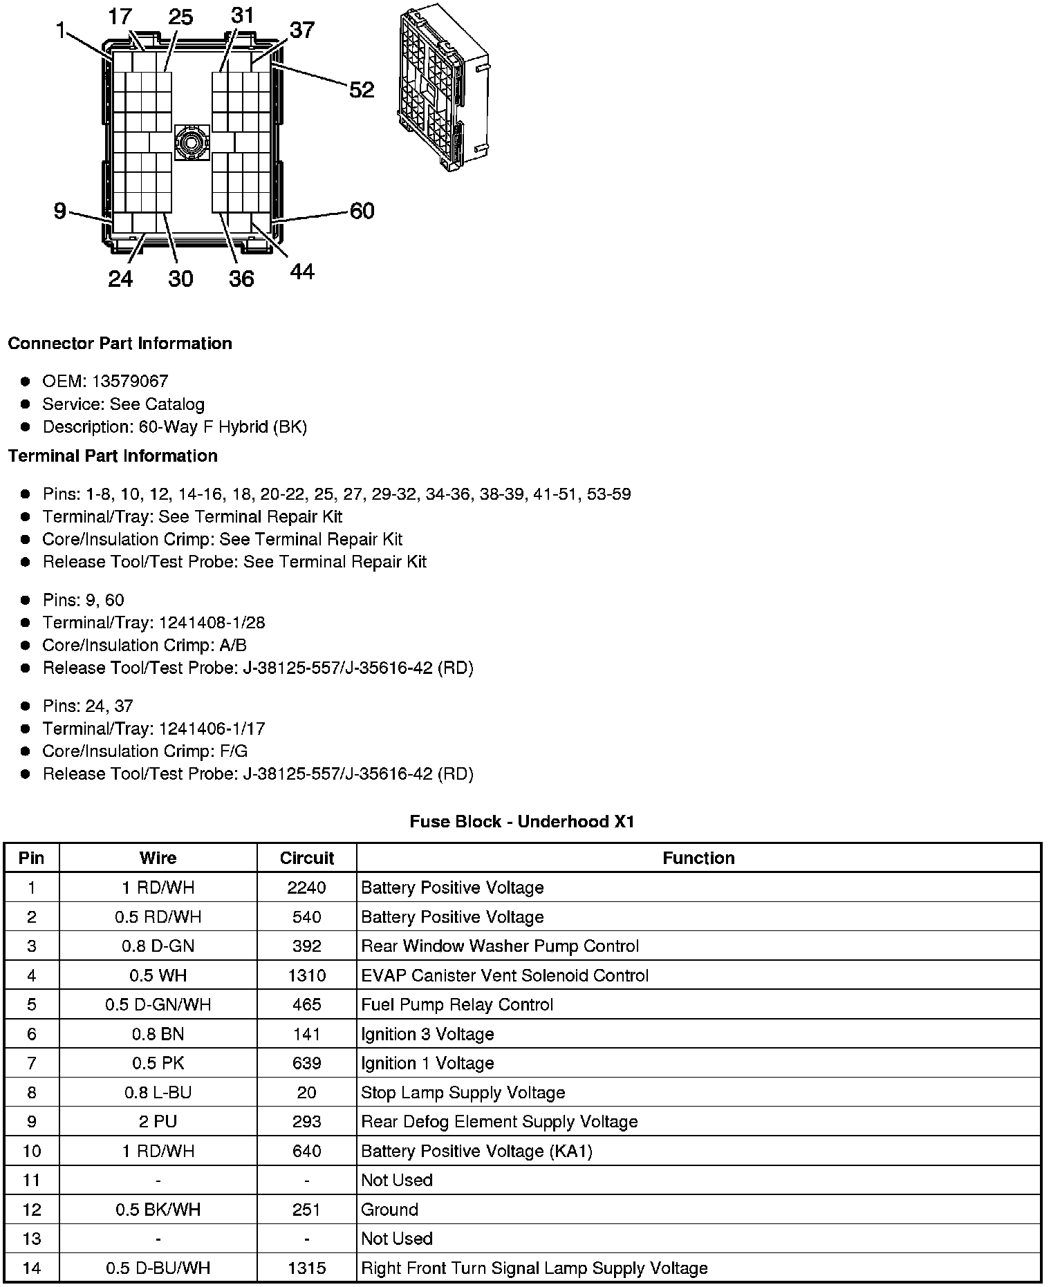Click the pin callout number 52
(362, 90)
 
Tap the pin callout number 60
(362, 211)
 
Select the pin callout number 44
(302, 272)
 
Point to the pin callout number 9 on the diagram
(60, 211)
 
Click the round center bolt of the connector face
(192, 142)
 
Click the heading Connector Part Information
(120, 344)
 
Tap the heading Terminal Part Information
(113, 456)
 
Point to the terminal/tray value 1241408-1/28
(212, 623)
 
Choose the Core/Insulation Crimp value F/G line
(145, 751)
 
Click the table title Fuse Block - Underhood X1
(521, 822)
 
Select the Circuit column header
(306, 858)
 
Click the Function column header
(698, 858)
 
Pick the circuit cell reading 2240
(306, 887)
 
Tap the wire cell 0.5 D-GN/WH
(158, 1005)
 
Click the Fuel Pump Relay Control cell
(457, 1005)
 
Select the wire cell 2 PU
(158, 1122)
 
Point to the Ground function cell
(390, 1210)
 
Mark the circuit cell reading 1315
(306, 1268)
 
